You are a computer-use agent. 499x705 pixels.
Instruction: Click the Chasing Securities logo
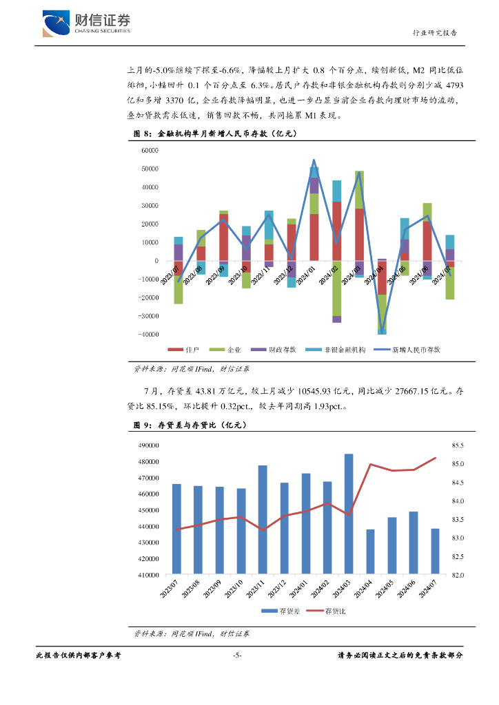pyautogui.click(x=85, y=23)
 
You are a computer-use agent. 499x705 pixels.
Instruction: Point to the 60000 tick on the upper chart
pyautogui.click(x=149, y=150)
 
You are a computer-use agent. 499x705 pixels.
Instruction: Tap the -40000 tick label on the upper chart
pyautogui.click(x=147, y=335)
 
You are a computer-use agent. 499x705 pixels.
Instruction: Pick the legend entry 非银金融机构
pyautogui.click(x=338, y=350)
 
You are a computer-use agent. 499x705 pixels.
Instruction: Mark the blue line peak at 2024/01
pyautogui.click(x=314, y=160)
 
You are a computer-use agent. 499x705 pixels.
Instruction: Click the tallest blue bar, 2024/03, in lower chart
pyautogui.click(x=349, y=514)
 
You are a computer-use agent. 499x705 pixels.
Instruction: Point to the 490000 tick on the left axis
pyautogui.click(x=150, y=445)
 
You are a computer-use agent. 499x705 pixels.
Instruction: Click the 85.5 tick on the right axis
pyautogui.click(x=458, y=445)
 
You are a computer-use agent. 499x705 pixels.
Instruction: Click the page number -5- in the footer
pyautogui.click(x=237, y=656)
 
